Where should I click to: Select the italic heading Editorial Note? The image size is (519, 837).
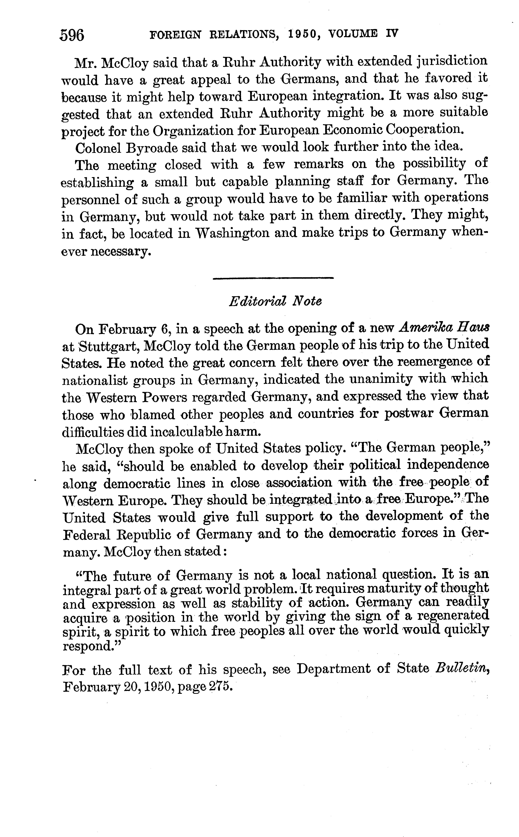(275, 302)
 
